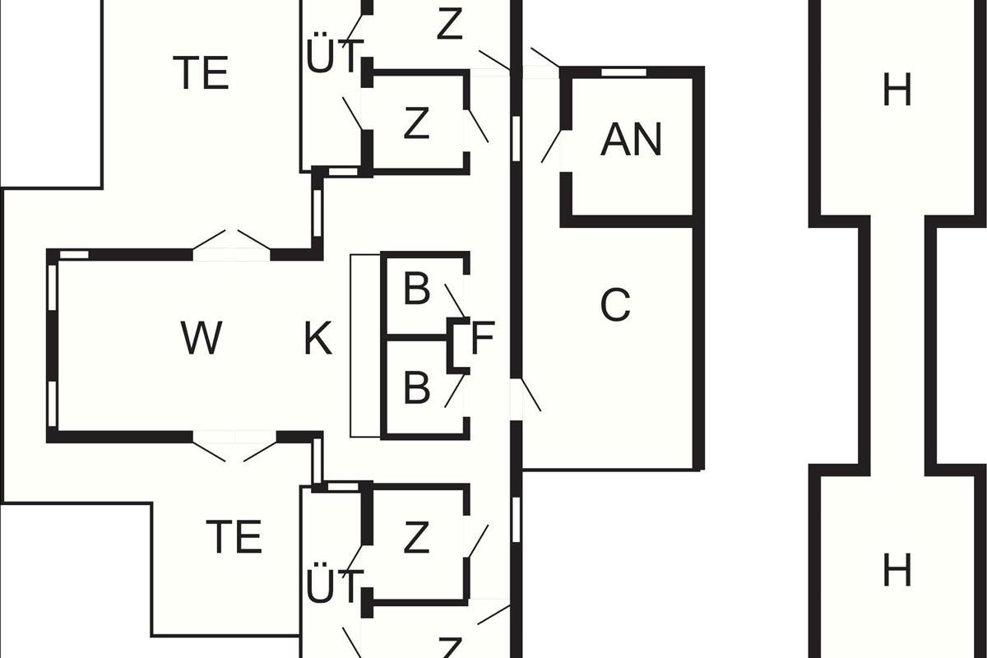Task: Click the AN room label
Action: [631, 140]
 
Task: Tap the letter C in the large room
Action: [615, 306]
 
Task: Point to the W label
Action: [202, 338]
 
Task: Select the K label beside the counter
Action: [318, 338]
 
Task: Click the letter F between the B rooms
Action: [482, 339]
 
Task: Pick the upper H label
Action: [897, 90]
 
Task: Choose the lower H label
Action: [897, 570]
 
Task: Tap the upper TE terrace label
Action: [201, 73]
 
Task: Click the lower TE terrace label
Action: [234, 538]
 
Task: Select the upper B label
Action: [417, 290]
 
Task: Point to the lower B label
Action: [417, 387]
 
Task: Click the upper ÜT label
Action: [335, 57]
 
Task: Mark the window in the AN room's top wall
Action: [623, 72]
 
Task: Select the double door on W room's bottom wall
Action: [234, 448]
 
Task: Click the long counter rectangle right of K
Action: [365, 345]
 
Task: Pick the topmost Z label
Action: [450, 25]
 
